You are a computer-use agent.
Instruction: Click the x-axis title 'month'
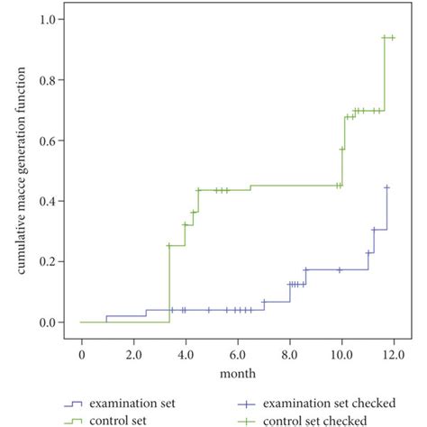click(x=237, y=372)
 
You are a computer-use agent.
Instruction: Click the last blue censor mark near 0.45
click(x=387, y=187)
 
